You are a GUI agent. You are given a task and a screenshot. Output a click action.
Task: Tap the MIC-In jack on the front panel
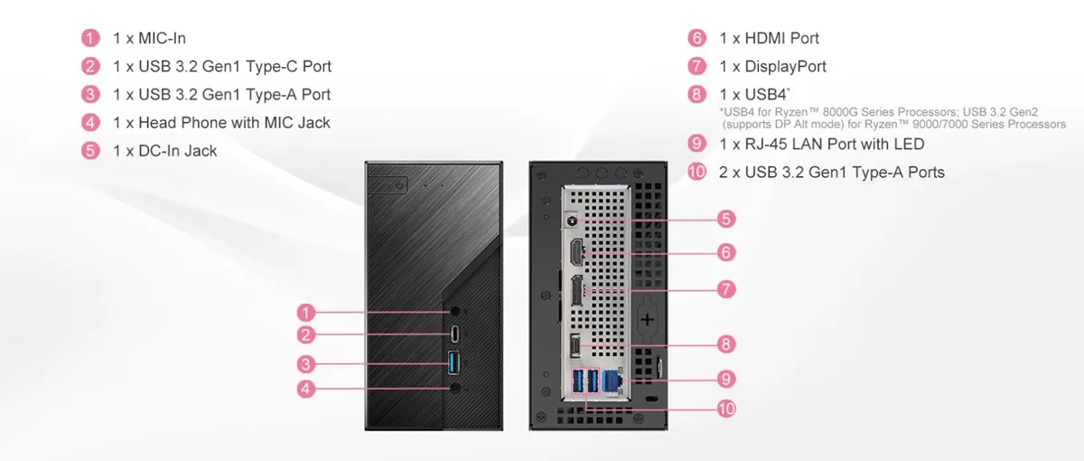pyautogui.click(x=455, y=311)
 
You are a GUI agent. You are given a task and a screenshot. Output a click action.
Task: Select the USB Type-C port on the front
pyautogui.click(x=455, y=334)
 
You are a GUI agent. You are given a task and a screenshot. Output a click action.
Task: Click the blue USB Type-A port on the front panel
pyautogui.click(x=453, y=362)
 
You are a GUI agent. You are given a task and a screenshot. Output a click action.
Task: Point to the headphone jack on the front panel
pyautogui.click(x=455, y=388)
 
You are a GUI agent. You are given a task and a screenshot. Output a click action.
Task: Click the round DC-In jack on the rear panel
pyautogui.click(x=572, y=221)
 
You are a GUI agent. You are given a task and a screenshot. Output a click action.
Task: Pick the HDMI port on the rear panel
pyautogui.click(x=577, y=252)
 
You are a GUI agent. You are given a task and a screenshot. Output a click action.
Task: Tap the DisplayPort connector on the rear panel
pyautogui.click(x=577, y=290)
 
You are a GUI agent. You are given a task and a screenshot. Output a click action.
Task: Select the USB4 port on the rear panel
pyautogui.click(x=575, y=345)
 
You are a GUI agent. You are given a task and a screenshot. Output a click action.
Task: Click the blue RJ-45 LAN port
pyautogui.click(x=612, y=381)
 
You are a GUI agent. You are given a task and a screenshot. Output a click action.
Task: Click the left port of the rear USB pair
pyautogui.click(x=577, y=381)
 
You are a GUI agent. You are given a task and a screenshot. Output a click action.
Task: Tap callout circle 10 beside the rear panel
pyautogui.click(x=726, y=409)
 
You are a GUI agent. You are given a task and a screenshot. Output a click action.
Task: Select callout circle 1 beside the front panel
pyautogui.click(x=306, y=313)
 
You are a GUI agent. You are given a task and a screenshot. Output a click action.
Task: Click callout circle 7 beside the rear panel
pyautogui.click(x=726, y=289)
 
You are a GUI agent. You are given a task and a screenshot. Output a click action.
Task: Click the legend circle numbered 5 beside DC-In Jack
pyautogui.click(x=90, y=151)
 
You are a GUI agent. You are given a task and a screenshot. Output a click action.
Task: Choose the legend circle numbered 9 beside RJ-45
pyautogui.click(x=696, y=144)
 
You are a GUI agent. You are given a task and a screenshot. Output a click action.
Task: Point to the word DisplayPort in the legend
pyautogui.click(x=785, y=66)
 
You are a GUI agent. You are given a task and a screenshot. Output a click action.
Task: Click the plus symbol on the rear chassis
pyautogui.click(x=647, y=320)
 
